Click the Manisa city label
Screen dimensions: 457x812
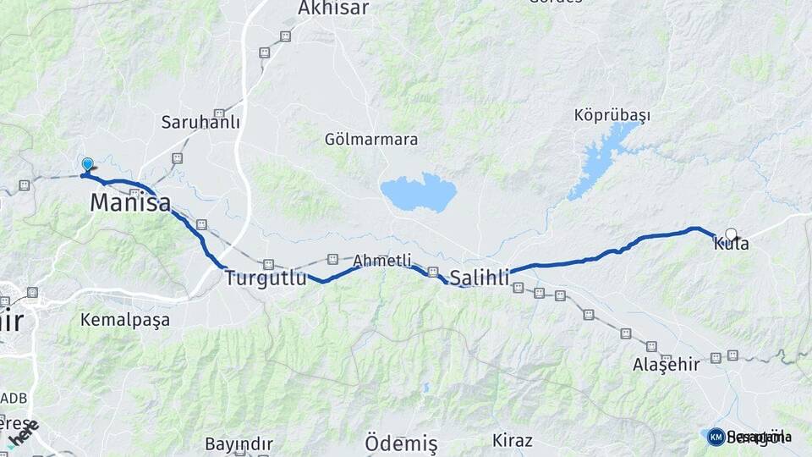(x=129, y=203)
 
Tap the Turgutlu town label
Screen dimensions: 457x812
(x=265, y=278)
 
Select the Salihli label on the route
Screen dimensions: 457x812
(x=480, y=278)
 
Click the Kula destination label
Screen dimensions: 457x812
(x=731, y=245)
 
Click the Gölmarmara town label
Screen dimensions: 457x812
(x=371, y=139)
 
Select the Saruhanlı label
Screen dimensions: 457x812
(x=200, y=123)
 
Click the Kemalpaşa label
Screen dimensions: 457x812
(x=124, y=320)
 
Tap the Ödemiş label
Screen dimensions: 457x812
(x=401, y=443)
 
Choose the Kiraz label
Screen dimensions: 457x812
(x=513, y=441)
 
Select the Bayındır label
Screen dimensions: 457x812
(x=239, y=443)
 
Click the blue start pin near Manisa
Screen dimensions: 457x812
(x=87, y=164)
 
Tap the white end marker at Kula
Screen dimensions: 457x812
(x=731, y=234)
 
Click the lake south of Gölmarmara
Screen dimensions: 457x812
(x=419, y=193)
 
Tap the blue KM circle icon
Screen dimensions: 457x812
(x=716, y=437)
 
